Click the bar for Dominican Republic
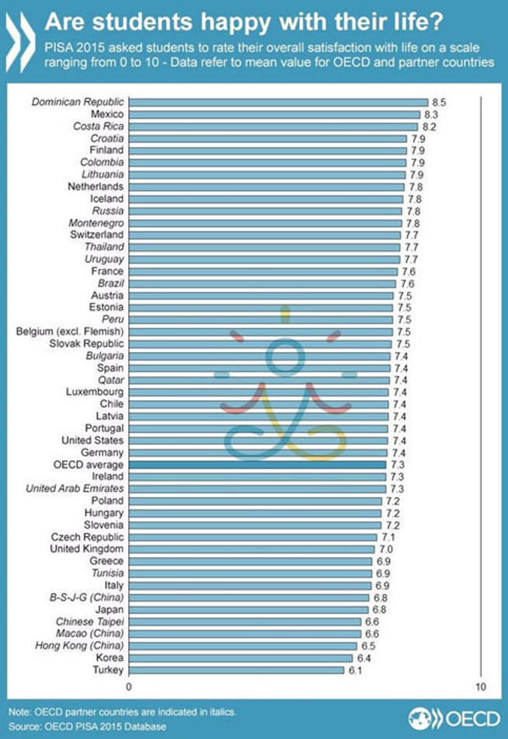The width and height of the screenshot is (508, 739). click(278, 102)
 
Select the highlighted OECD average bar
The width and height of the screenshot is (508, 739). click(257, 465)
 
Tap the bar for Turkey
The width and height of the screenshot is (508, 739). click(236, 670)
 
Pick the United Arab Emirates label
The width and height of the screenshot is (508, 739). click(75, 489)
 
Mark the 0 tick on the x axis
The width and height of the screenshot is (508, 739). click(129, 688)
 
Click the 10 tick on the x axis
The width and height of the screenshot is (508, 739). click(482, 688)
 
